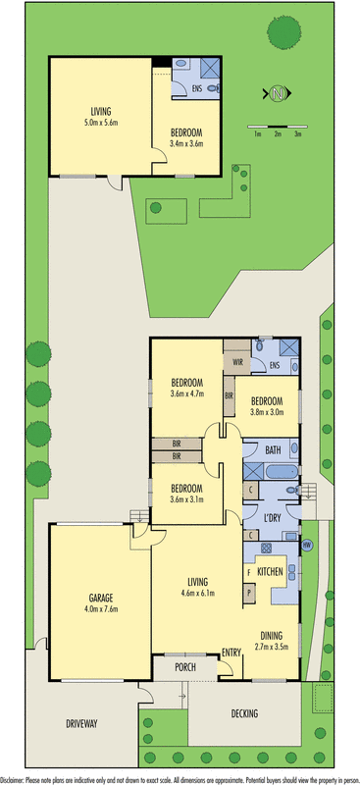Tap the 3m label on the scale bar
(298, 134)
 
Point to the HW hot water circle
(306, 546)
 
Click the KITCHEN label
(271, 570)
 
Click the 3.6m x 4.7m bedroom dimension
(186, 393)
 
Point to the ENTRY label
(231, 653)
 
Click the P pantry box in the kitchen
(248, 593)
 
